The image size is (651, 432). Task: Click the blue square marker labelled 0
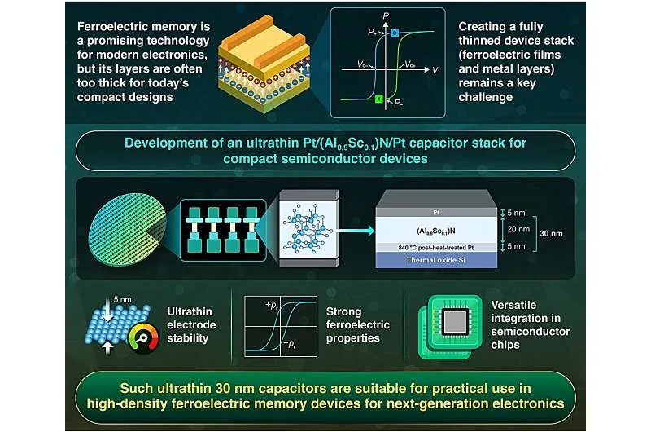(394, 33)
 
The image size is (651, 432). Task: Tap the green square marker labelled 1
(379, 99)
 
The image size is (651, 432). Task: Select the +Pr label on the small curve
(269, 304)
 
